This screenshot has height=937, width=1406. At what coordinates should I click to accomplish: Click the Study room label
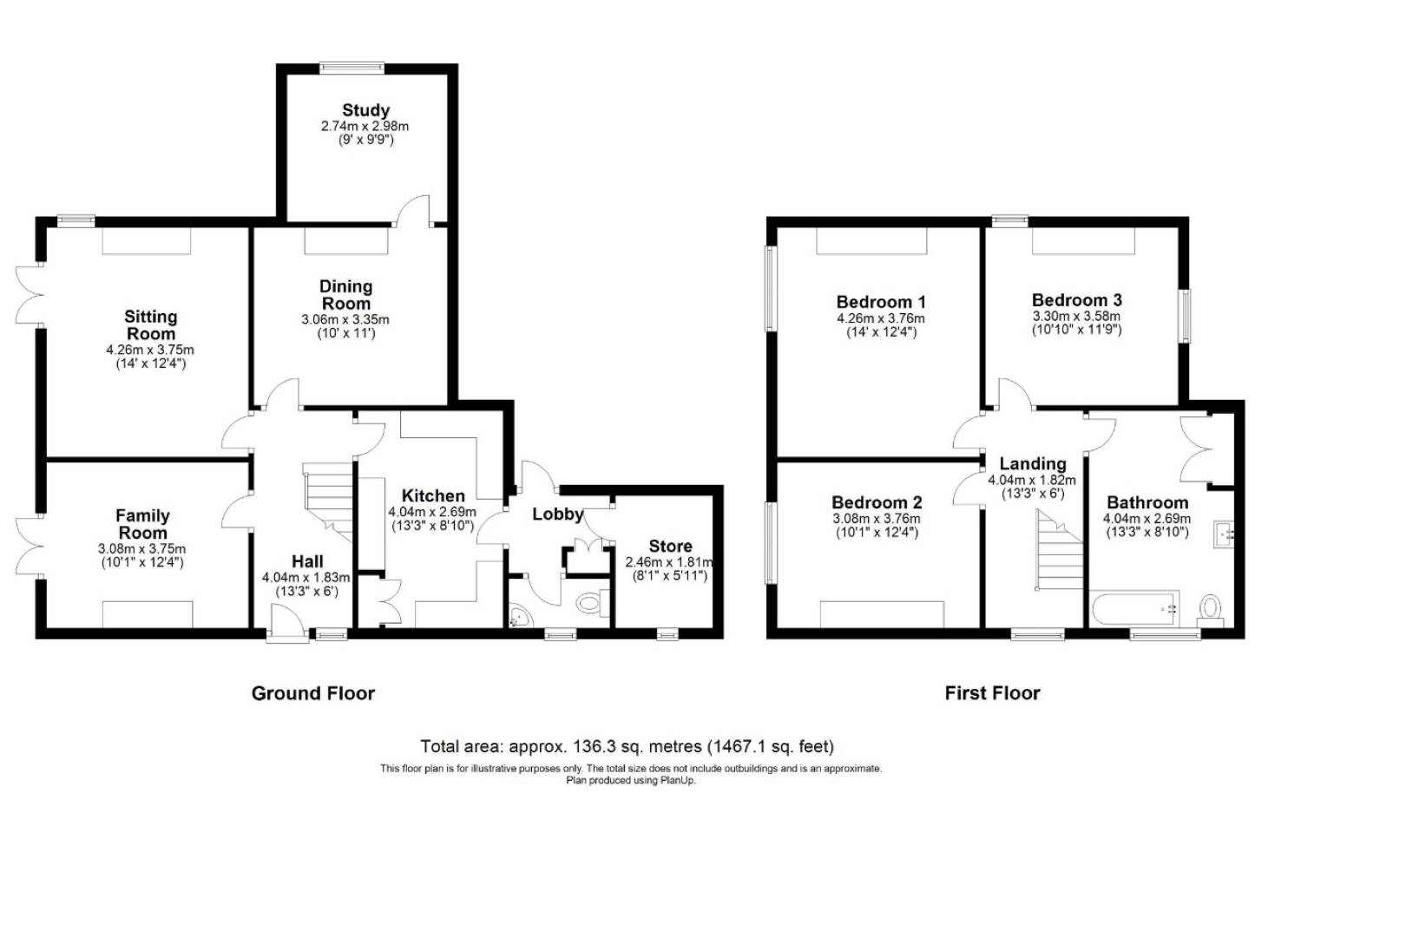click(365, 110)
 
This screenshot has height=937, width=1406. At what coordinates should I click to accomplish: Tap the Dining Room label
click(345, 295)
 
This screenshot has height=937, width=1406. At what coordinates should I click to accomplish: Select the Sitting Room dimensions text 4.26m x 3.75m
click(150, 351)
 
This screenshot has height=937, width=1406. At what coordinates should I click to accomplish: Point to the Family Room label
click(142, 524)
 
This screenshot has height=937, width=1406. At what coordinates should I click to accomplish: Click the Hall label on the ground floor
click(307, 561)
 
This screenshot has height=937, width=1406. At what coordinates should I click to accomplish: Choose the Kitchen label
click(433, 496)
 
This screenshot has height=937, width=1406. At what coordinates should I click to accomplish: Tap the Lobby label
click(557, 514)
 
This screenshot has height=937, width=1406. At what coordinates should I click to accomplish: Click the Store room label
click(670, 546)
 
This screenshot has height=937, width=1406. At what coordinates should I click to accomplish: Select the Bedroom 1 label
click(880, 302)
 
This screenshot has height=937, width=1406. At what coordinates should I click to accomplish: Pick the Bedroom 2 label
click(877, 502)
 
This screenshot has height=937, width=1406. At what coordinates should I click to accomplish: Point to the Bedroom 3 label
click(1076, 300)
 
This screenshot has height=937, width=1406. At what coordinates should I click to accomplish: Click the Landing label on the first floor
click(1032, 464)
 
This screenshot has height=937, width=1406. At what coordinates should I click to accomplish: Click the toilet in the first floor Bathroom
click(1210, 609)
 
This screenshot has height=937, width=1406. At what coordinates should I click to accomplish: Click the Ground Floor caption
click(313, 693)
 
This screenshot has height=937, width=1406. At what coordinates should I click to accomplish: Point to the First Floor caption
click(992, 693)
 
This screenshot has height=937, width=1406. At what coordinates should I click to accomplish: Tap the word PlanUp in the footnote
click(680, 780)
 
